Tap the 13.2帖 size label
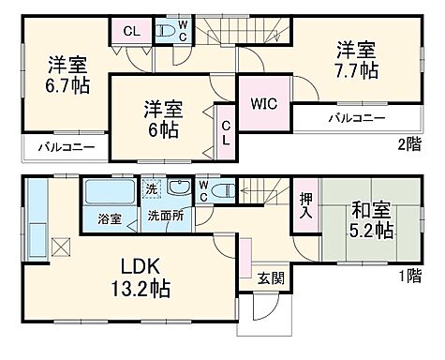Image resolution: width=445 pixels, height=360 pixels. pyautogui.click(x=141, y=287)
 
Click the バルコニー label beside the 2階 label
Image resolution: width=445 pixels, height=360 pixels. pyautogui.click(x=351, y=119)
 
